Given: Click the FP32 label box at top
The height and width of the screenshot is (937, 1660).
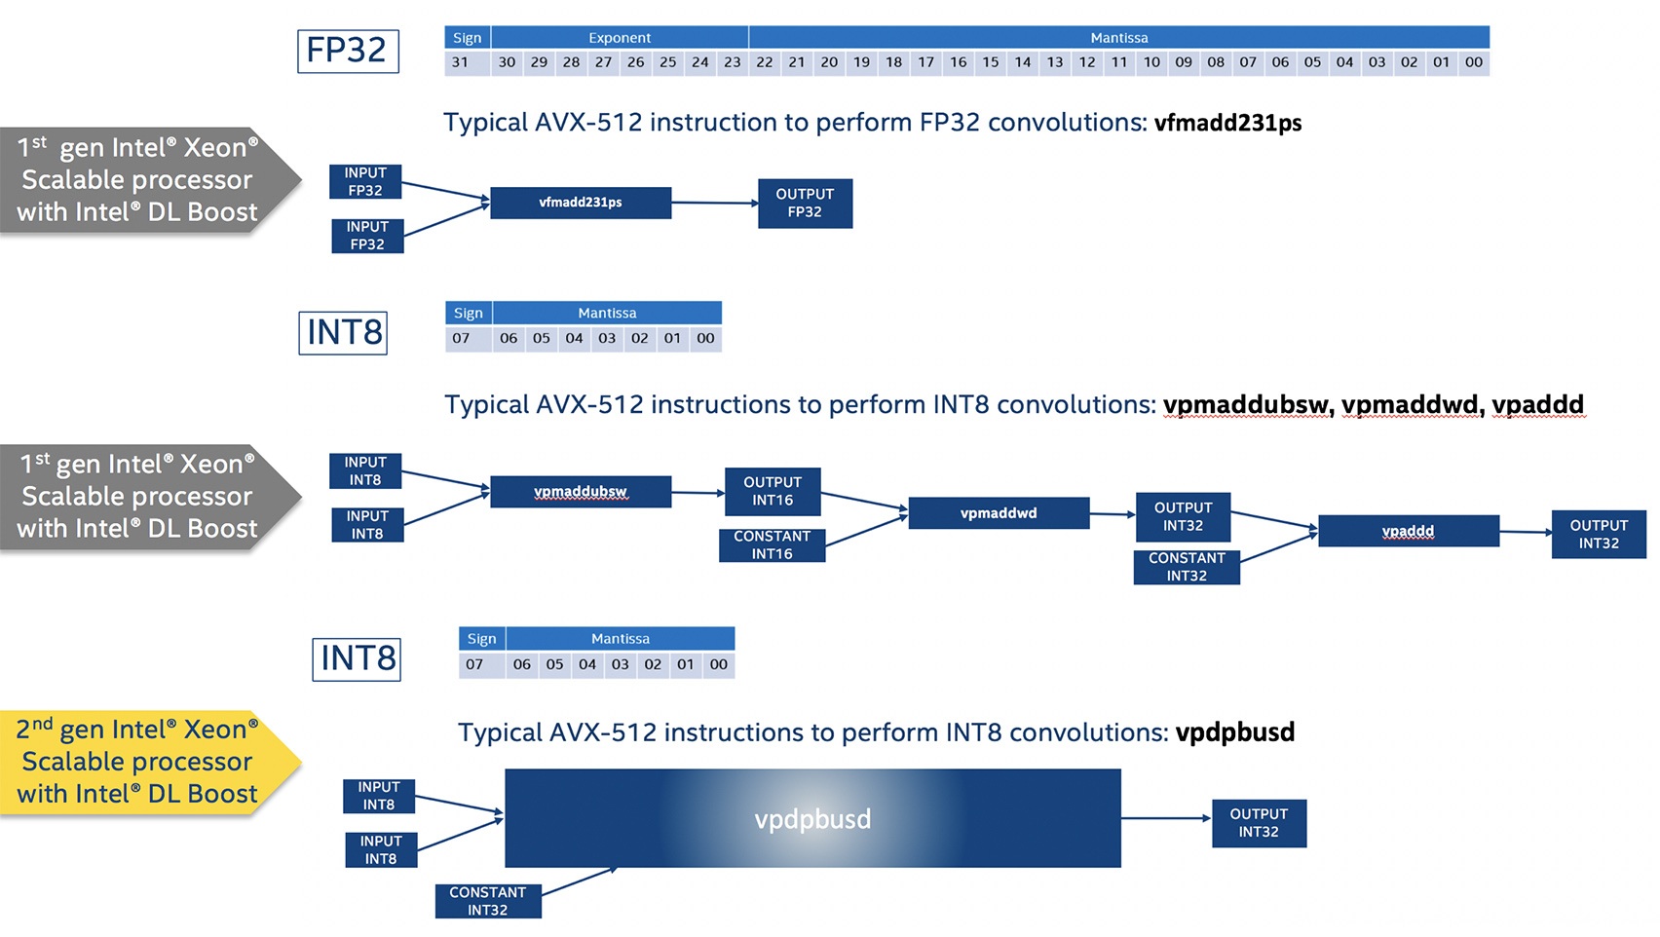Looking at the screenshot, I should [x=348, y=51].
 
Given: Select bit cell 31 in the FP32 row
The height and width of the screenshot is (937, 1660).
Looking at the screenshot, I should [x=460, y=62].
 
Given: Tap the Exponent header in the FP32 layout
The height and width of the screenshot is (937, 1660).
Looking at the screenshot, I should [x=620, y=38].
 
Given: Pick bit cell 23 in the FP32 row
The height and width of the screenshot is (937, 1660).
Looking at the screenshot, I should [x=733, y=62].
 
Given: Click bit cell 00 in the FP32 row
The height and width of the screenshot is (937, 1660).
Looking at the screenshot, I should [x=1474, y=62].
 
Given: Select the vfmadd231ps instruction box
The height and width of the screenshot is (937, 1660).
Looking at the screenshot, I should [x=581, y=203].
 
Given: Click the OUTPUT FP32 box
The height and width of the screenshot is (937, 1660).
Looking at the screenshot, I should [x=805, y=203].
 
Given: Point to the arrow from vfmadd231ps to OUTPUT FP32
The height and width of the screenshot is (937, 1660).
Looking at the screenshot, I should [x=714, y=203].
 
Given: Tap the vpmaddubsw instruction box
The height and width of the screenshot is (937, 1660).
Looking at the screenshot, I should [x=581, y=492].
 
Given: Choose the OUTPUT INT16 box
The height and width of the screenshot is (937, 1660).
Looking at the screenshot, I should [x=773, y=492].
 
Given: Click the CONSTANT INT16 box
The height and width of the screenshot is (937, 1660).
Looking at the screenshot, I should [x=772, y=545].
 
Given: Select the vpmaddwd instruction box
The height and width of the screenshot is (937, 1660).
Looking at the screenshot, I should [x=999, y=513].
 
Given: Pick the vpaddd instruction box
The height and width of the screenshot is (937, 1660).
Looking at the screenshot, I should [x=1408, y=531].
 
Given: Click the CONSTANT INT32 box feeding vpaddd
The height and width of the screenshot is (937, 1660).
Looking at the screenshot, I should [x=1187, y=567].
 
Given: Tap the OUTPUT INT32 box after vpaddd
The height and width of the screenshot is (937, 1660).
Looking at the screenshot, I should [x=1599, y=535].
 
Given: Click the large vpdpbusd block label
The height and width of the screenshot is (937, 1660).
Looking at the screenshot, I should [x=812, y=819].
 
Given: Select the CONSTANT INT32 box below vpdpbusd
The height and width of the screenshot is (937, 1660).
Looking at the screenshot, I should [x=487, y=901].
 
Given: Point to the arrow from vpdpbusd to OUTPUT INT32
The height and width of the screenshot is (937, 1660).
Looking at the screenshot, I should [x=1166, y=818].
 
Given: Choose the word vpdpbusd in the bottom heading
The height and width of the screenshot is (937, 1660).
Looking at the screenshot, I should [x=1234, y=732].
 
